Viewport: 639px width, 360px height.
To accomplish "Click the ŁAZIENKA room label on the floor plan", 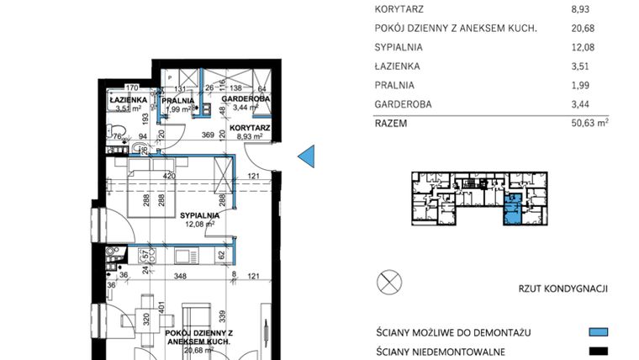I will tap(129, 99).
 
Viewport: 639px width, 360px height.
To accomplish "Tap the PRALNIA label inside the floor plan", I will tap(178, 100).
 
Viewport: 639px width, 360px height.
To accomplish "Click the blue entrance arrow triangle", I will tap(307, 156).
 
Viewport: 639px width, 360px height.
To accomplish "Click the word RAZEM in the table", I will tap(392, 123).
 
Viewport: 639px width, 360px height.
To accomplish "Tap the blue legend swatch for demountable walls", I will tap(598, 332).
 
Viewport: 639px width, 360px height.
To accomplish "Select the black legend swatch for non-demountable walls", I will tap(598, 352).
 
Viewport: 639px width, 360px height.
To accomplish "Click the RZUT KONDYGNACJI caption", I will tap(562, 289).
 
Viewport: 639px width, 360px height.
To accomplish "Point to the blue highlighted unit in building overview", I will tap(512, 209).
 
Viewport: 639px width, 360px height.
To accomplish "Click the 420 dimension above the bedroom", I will tap(169, 177).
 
